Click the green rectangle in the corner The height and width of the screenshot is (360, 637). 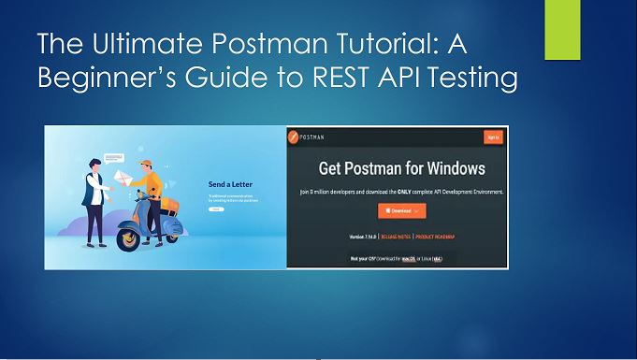[x=564, y=29]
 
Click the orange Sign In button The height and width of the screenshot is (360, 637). [x=493, y=137]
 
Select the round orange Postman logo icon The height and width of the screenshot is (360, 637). [x=294, y=137]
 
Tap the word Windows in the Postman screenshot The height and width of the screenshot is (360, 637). [x=444, y=169]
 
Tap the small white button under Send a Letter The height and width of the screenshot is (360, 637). [x=216, y=209]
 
